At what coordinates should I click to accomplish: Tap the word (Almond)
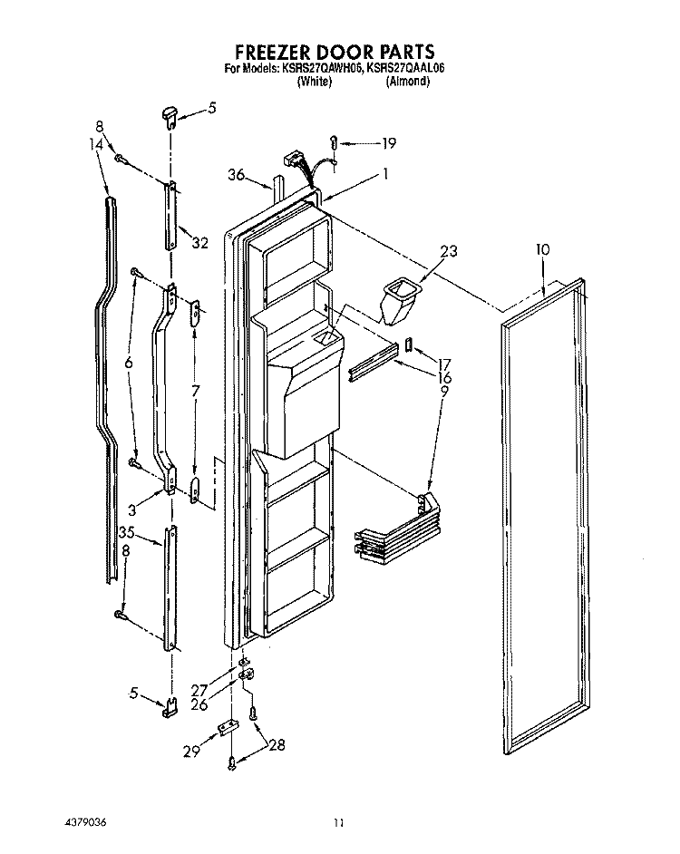(408, 82)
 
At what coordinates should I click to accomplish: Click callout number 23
(449, 251)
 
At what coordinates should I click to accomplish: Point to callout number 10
(543, 249)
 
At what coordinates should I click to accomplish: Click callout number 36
(237, 175)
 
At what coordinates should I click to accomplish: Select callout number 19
(389, 143)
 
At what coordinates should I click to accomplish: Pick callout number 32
(200, 242)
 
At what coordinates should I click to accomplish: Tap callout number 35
(127, 532)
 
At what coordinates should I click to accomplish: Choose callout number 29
(192, 751)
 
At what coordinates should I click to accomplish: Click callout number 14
(96, 143)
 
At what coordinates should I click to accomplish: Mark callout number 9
(444, 391)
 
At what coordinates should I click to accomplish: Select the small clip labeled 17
(408, 345)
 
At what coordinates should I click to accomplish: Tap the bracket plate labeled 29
(228, 729)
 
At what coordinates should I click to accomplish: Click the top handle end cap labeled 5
(168, 116)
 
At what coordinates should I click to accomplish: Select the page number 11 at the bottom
(339, 823)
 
